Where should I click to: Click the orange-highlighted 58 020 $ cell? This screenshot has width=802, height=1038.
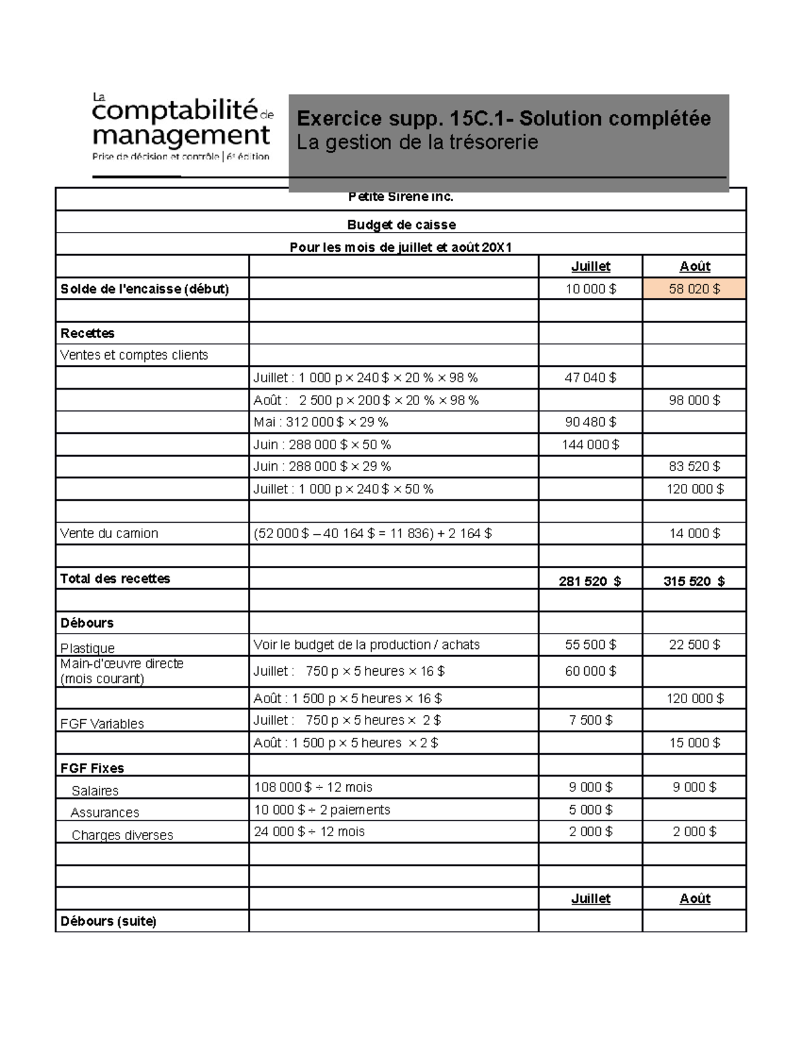[694, 289]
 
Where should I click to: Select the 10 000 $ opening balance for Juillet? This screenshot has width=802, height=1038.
[591, 289]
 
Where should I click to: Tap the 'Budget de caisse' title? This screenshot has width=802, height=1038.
[401, 225]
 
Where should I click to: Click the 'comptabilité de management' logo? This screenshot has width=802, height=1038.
[181, 127]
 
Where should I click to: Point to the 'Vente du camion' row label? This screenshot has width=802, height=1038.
[110, 533]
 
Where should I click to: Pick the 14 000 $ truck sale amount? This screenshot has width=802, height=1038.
[694, 533]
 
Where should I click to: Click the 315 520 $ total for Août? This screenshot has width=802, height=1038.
[694, 581]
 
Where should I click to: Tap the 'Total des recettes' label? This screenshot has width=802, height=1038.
[115, 578]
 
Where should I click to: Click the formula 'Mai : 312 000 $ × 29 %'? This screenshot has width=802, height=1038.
[321, 422]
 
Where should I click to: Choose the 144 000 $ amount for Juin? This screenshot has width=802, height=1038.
[590, 444]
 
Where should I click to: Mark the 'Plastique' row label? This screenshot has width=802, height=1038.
[88, 648]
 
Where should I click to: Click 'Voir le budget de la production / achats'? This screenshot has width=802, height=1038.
[366, 644]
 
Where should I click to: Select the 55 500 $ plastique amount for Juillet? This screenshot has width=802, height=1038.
[590, 644]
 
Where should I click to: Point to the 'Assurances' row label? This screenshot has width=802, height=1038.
[105, 812]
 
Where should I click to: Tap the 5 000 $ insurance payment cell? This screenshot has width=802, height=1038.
[590, 809]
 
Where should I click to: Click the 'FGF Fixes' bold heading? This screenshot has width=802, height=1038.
[92, 768]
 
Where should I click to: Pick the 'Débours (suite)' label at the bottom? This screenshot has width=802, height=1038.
[108, 921]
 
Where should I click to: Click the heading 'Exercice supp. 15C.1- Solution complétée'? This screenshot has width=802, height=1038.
[503, 118]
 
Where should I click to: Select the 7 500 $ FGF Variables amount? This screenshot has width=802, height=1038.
[590, 720]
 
